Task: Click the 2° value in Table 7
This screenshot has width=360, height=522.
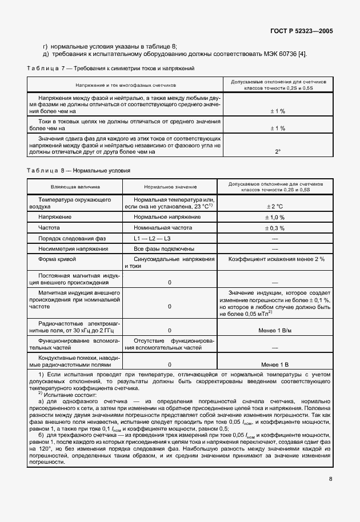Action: coord(278,152)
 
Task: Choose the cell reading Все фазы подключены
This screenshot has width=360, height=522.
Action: coord(163,249)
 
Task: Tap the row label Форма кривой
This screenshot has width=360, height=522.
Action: coord(57,259)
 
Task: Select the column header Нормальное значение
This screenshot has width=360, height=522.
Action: coord(170,187)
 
